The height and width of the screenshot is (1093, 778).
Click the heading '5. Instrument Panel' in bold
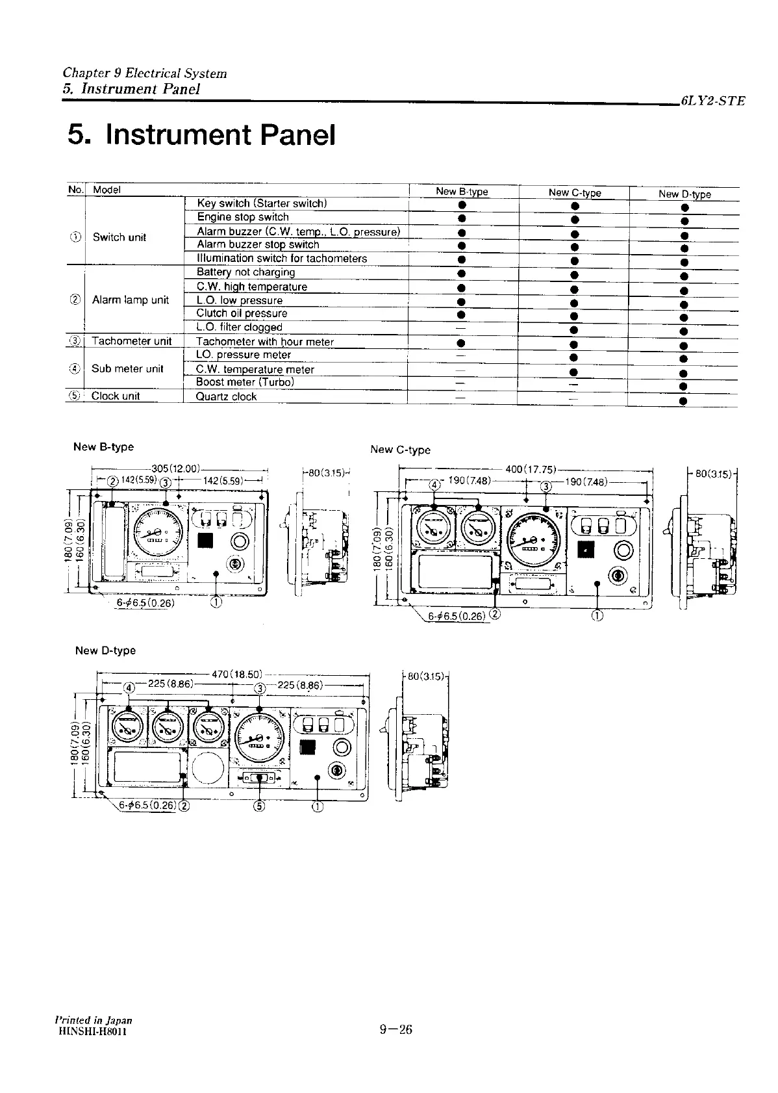201,135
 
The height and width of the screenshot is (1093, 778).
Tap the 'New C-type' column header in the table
574,192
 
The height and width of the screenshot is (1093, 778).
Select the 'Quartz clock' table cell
227,396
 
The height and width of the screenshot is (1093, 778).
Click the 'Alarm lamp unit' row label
131,300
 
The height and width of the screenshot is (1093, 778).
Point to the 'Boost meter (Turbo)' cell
245,382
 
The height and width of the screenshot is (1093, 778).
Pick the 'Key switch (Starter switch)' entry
262,203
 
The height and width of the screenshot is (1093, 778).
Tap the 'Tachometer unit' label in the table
131,341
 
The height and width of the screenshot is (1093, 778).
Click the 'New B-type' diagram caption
103,446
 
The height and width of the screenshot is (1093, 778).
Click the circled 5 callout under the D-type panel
260,807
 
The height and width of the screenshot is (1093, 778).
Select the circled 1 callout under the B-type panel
216,602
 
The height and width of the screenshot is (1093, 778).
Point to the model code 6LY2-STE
712,101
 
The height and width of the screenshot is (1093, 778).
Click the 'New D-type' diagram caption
105,650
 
